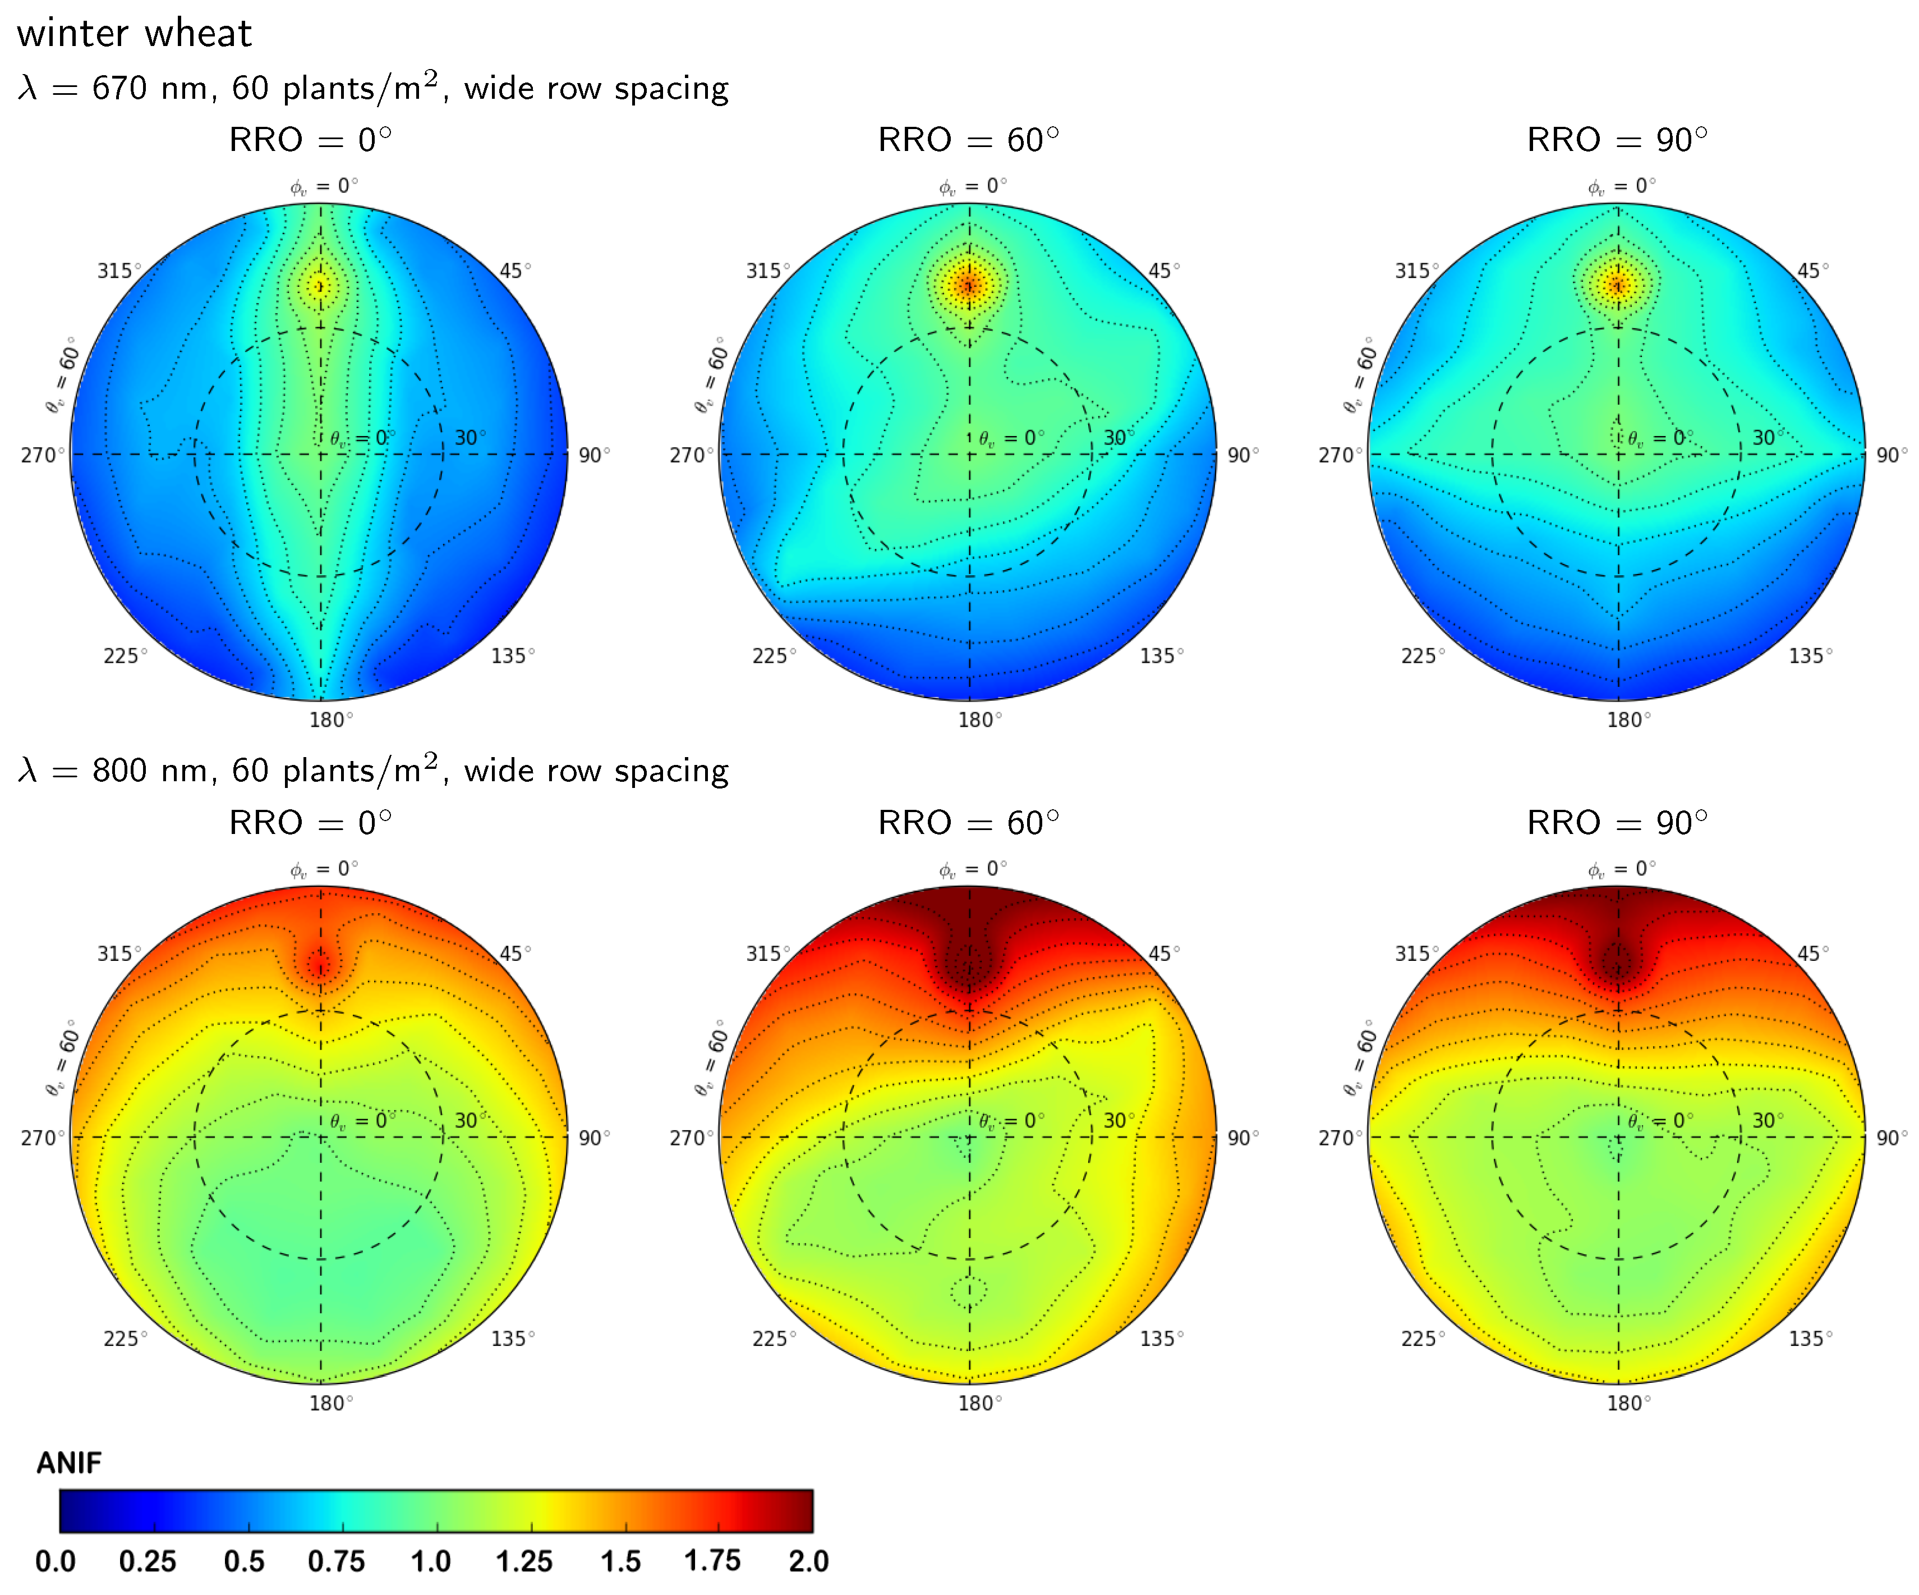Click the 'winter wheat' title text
(x=134, y=34)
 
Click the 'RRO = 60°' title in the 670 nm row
(x=969, y=140)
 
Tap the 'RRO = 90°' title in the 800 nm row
(x=1617, y=823)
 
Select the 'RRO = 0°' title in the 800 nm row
(x=311, y=823)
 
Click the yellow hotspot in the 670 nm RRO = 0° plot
(x=320, y=287)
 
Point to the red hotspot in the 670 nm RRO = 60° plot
(x=969, y=285)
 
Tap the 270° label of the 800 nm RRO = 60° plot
(x=690, y=1138)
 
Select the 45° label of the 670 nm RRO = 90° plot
(x=1812, y=271)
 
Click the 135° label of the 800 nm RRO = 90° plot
(x=1810, y=1339)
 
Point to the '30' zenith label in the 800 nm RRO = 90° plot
(x=1765, y=1121)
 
